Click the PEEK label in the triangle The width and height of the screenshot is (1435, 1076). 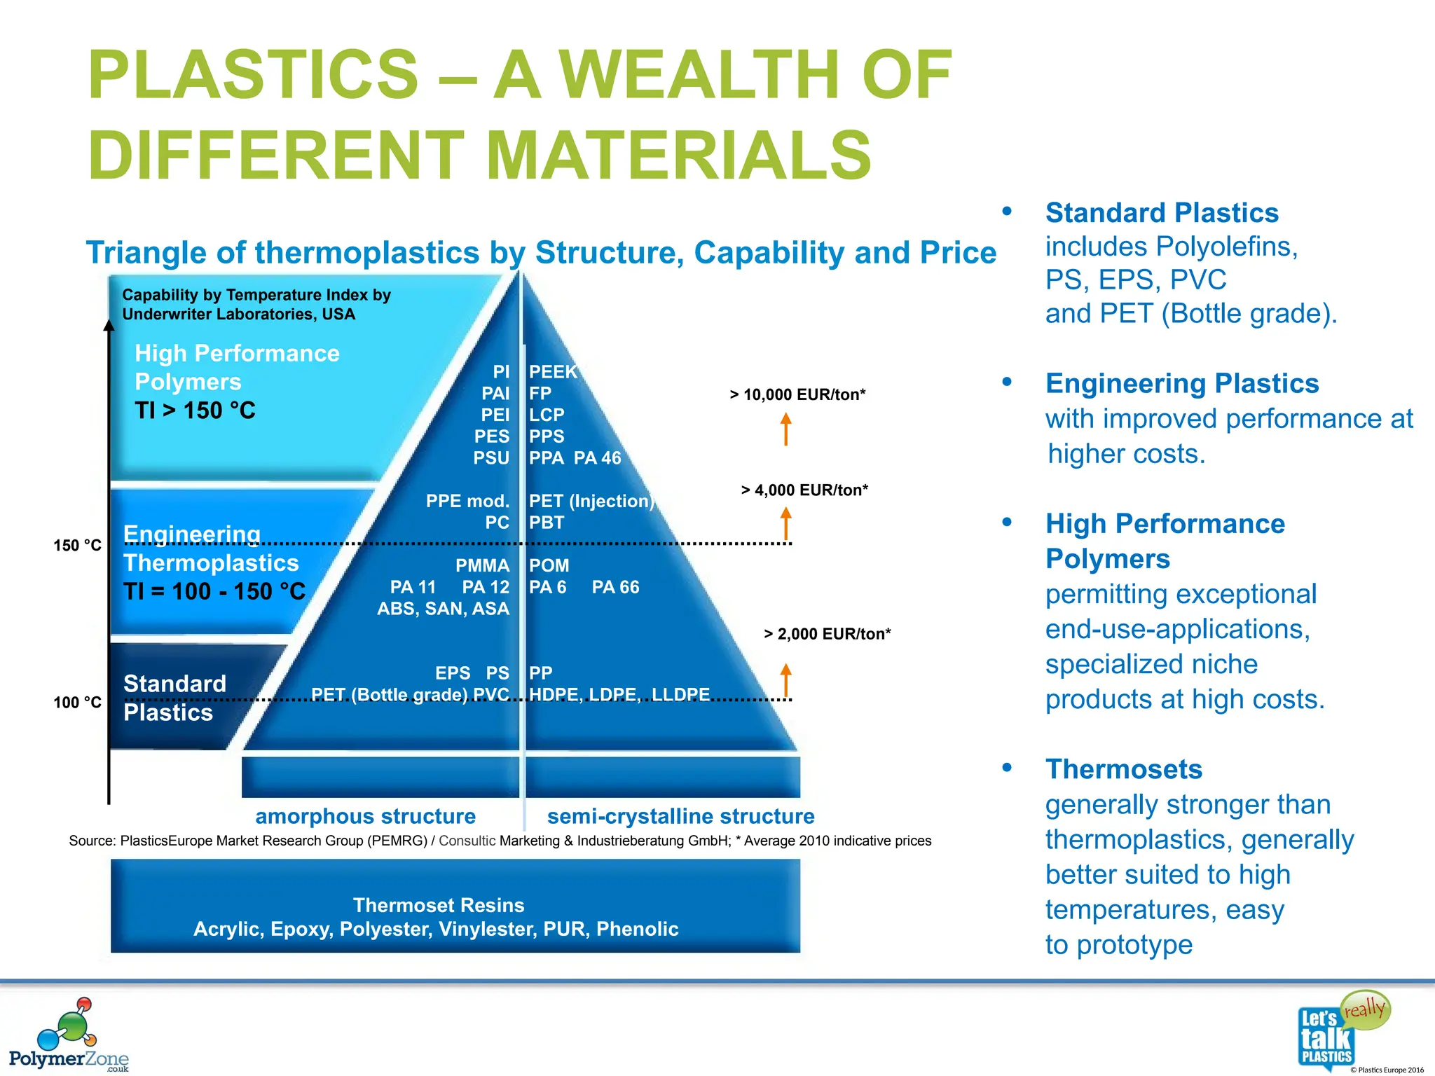pos(552,371)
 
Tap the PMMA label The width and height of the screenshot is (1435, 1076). pos(482,565)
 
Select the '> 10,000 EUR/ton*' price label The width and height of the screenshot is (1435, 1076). pos(797,394)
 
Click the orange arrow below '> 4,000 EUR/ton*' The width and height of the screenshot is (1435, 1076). pos(786,523)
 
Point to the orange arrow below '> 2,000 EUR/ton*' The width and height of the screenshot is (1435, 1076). pos(786,680)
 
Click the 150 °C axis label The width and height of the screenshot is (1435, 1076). pos(77,545)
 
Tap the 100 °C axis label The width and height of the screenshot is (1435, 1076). pos(77,702)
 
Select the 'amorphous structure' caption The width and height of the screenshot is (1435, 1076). pos(365,816)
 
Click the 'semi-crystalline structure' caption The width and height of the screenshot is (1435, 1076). pos(680,816)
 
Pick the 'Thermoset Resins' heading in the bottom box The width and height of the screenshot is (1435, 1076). pos(439,905)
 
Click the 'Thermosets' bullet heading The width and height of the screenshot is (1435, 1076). pos(1123,769)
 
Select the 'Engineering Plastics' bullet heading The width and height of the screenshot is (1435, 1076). pos(1181,383)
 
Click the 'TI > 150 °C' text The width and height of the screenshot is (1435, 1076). pos(195,410)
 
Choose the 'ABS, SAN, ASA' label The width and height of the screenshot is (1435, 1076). pos(443,608)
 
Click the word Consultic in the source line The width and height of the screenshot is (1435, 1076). pos(467,841)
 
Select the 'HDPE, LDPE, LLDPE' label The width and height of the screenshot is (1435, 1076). pos(619,694)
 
